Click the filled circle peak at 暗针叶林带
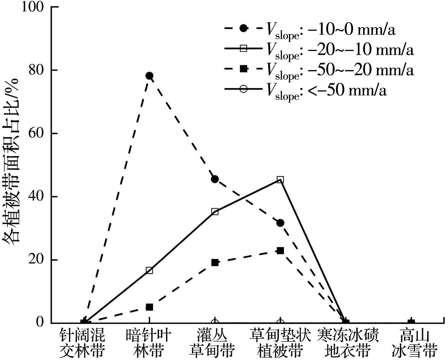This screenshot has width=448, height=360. coord(149,76)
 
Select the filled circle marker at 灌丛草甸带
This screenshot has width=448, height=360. coord(215,179)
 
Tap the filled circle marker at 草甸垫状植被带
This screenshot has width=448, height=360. coord(280,223)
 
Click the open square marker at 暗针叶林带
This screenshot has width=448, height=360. coord(149,270)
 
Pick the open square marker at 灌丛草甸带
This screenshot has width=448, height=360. coord(215,212)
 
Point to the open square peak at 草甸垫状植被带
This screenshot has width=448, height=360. coord(280,180)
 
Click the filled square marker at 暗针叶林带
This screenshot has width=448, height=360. coord(149,307)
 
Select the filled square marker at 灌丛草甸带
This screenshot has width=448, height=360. coord(215,263)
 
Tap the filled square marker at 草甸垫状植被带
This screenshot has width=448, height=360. coord(280,250)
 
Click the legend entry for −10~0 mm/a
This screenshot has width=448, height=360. coord(310,29)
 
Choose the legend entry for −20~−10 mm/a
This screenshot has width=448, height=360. coord(319,50)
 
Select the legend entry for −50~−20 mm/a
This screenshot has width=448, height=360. coord(319,70)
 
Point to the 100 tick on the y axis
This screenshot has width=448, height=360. coord(33,7)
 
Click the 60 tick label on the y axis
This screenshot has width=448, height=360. coord(37,134)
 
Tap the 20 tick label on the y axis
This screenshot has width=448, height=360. coord(37,260)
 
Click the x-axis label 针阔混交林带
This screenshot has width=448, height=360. coord(82,343)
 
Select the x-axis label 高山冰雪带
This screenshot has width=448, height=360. coord(414,343)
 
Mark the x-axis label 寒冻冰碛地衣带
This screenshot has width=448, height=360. coord(348,343)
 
